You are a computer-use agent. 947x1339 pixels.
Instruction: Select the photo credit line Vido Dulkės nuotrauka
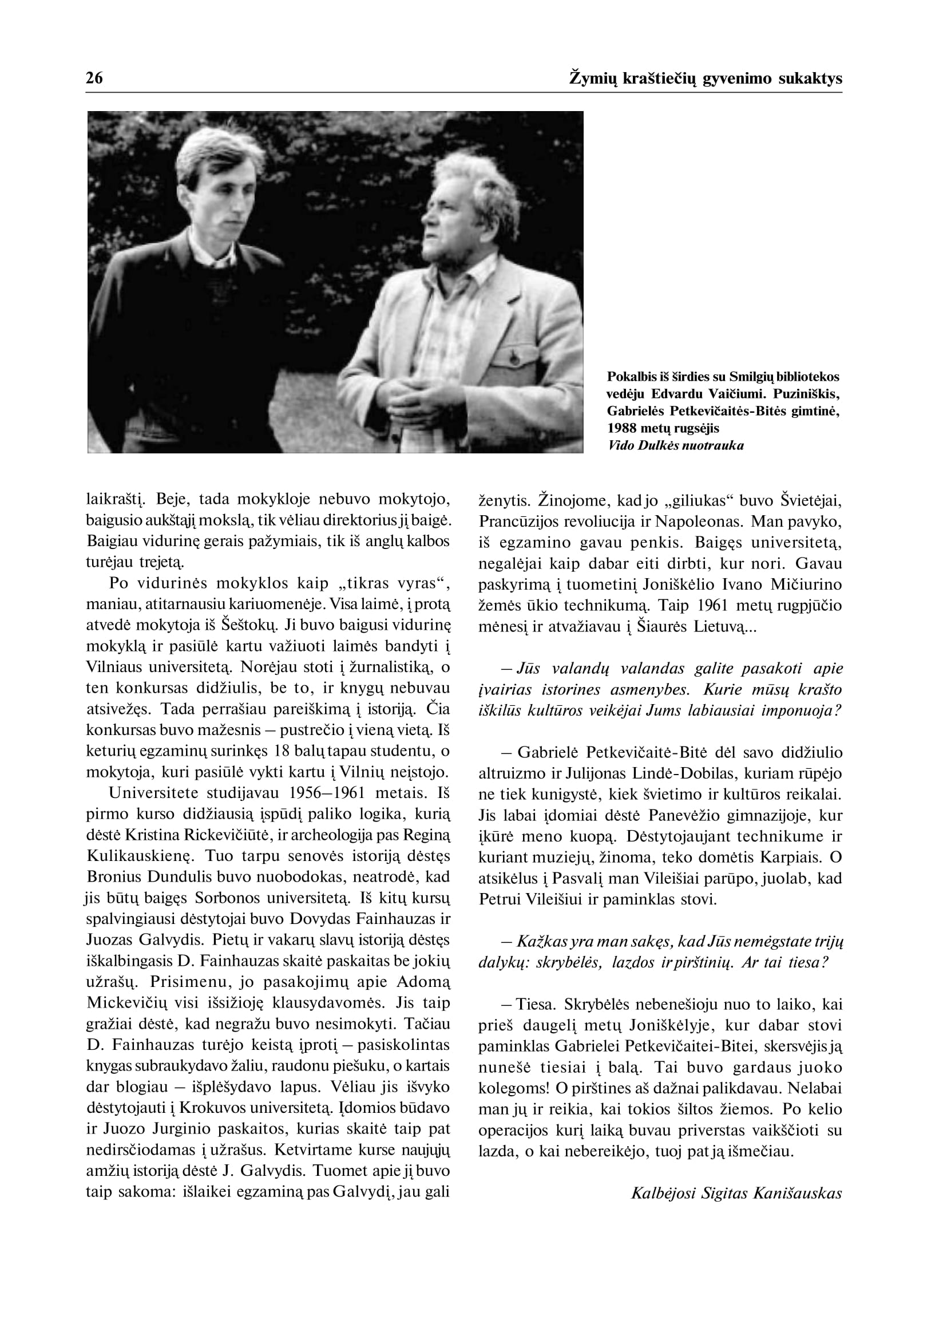[675, 446]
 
